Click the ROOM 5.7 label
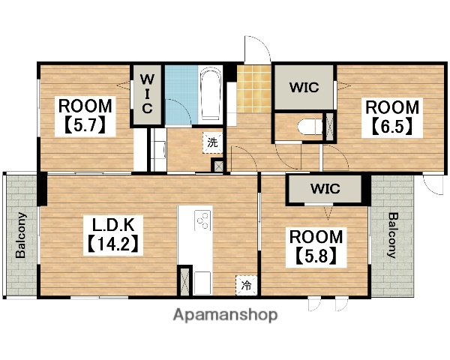(85, 116)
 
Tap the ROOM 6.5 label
(392, 118)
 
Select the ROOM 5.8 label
(316, 247)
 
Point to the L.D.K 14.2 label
(113, 235)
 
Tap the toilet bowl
(309, 127)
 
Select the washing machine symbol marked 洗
(212, 142)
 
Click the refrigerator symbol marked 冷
(246, 285)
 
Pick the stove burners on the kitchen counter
(202, 220)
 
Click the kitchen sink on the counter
(202, 283)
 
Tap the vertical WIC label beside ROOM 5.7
(147, 94)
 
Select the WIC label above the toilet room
(304, 88)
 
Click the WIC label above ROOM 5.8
(325, 188)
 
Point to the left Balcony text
(21, 235)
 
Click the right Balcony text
(392, 235)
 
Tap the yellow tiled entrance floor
(254, 89)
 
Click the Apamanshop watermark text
(225, 315)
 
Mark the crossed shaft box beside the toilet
(330, 127)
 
